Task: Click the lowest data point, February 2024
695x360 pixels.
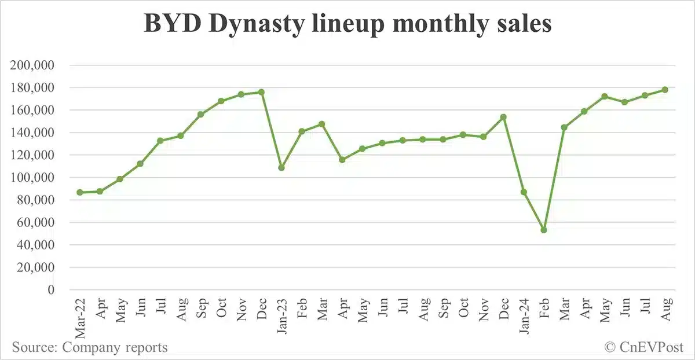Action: coord(543,230)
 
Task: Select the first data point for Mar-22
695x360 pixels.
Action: coord(79,192)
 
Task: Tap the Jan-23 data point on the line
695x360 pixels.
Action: coord(281,167)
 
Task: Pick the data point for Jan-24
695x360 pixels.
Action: coord(524,192)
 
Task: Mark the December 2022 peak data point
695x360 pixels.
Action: coord(261,92)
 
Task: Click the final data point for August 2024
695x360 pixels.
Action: coord(665,90)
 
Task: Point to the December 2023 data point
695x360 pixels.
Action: coord(503,117)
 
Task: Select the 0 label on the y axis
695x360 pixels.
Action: coord(51,289)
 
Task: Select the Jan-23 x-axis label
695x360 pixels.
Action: coord(281,318)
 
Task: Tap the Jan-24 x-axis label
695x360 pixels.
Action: coord(524,318)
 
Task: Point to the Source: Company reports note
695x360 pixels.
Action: coord(90,347)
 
